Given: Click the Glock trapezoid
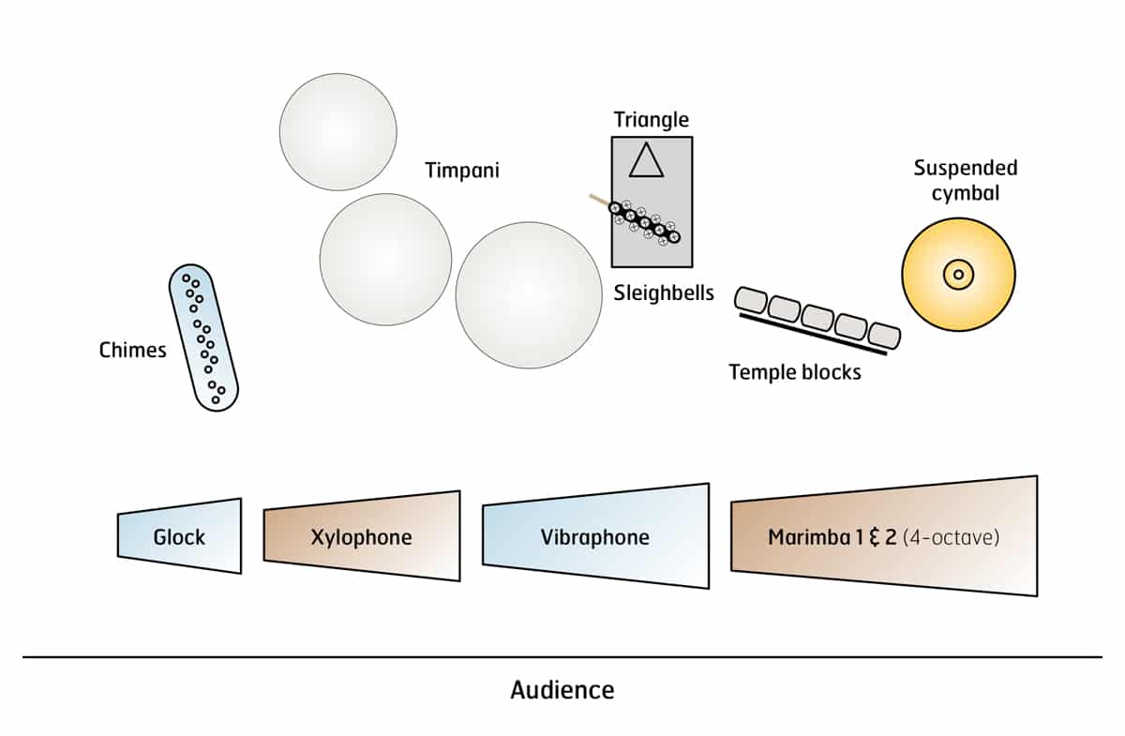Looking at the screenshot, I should coord(180,536).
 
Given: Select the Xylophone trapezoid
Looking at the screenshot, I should coord(362,536).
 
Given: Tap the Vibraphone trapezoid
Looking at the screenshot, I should coord(595,536).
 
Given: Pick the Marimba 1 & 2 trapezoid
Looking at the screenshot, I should coord(883,536).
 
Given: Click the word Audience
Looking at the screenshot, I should coord(562,691).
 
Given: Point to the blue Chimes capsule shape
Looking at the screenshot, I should coord(203,337).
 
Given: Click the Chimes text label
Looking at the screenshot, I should coord(132,351).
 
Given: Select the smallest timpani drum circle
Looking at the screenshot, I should coord(337,130).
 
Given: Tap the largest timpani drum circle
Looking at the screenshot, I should coord(529,294).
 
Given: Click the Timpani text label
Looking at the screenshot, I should coord(461,171).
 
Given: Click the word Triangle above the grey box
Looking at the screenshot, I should coord(651,120).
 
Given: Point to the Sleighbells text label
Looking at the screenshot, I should coord(664,293).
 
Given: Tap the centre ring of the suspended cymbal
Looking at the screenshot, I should coord(958,274).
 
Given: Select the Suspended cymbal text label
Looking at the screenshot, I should coord(965,180).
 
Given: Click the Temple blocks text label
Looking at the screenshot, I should coord(794,372).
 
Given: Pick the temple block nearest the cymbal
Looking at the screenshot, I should coord(884,335).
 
